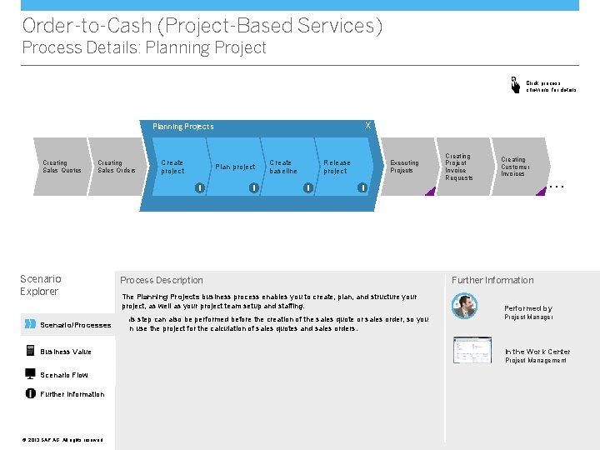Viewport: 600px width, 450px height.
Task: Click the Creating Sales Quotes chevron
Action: click(x=62, y=167)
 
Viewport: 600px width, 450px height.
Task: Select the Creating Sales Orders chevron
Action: click(x=116, y=167)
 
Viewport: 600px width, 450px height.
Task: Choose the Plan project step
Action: click(x=235, y=167)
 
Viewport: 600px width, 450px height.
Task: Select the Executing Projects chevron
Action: click(x=405, y=167)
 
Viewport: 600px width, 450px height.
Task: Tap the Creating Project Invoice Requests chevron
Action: click(x=459, y=167)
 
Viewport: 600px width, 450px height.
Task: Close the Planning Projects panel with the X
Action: click(x=367, y=126)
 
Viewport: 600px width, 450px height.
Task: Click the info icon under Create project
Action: click(x=200, y=187)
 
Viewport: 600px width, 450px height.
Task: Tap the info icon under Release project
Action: click(x=362, y=187)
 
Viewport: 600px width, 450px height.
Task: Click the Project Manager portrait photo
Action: click(x=464, y=307)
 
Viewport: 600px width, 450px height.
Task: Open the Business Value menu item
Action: click(x=65, y=352)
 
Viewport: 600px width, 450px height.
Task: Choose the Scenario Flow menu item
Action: click(x=63, y=375)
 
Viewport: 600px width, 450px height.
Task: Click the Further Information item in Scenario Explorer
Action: click(x=72, y=394)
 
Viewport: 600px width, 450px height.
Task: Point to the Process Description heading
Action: click(x=162, y=280)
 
